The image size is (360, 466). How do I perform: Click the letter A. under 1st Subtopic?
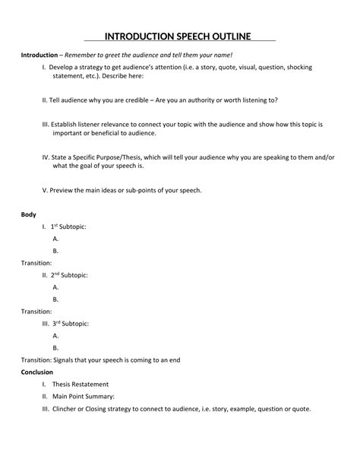[x=56, y=239]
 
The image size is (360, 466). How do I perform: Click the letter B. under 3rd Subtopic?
[x=56, y=347]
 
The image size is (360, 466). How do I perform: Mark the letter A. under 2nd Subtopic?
[x=56, y=287]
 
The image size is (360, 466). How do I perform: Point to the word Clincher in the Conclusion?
[x=67, y=408]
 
